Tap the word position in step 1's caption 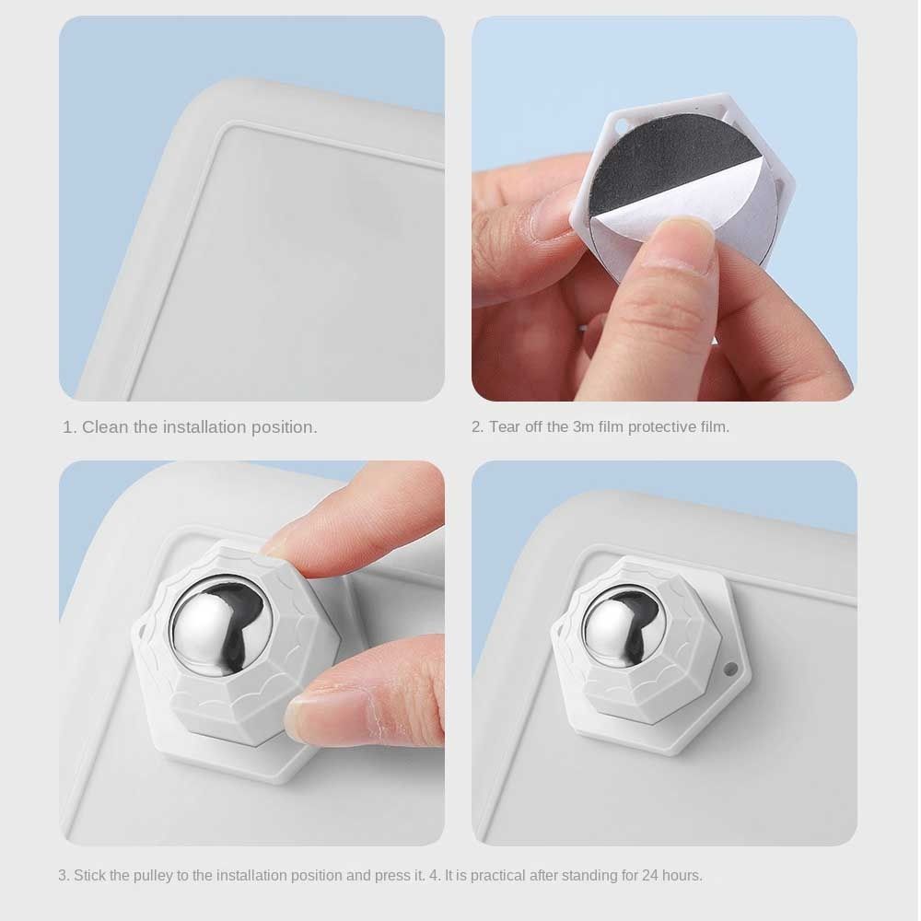click(285, 428)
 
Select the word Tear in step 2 click(504, 427)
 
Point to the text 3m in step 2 click(583, 427)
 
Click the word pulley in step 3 click(153, 876)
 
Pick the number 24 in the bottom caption click(649, 875)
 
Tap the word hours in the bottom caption click(682, 875)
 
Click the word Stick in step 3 click(89, 875)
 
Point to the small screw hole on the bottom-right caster click(730, 668)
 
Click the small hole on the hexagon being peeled click(620, 125)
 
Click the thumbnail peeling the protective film click(688, 228)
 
